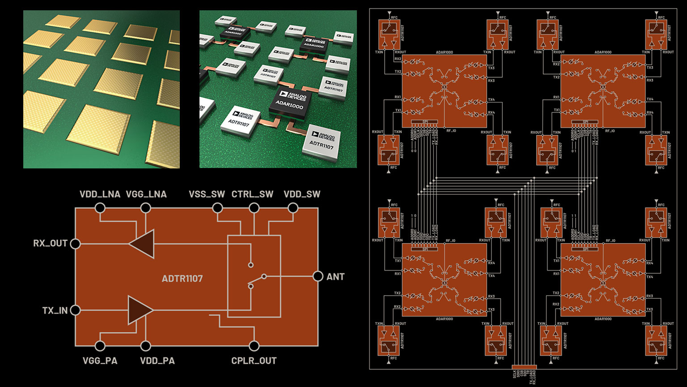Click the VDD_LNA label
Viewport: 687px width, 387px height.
(100, 194)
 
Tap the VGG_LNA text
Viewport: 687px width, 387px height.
(146, 194)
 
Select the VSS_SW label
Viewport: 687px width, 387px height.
(207, 194)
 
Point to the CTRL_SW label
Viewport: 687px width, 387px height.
(252, 194)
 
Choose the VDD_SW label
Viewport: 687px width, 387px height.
(302, 194)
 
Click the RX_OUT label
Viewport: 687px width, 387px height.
(50, 244)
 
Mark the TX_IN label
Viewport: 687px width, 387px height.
(55, 310)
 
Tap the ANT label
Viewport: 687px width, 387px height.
(335, 277)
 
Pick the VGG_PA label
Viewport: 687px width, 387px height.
(100, 361)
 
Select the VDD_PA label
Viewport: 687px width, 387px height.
(157, 361)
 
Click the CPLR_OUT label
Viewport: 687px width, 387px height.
(254, 361)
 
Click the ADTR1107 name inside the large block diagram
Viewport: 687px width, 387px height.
(182, 279)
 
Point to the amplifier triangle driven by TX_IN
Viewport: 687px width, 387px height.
(140, 310)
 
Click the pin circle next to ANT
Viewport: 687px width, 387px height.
(318, 276)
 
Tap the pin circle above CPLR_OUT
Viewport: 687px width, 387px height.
(254, 346)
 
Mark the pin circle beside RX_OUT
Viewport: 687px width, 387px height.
(76, 244)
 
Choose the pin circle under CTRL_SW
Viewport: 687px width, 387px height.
(254, 208)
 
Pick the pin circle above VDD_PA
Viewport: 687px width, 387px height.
(145, 346)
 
